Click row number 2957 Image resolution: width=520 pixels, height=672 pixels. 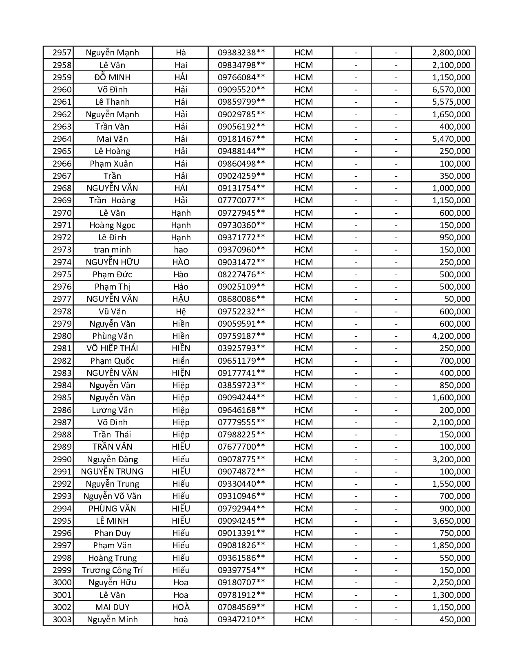(62, 53)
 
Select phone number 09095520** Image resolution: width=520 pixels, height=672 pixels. (241, 90)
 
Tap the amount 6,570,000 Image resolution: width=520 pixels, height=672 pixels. (451, 90)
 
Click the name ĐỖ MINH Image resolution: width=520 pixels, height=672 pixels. (112, 77)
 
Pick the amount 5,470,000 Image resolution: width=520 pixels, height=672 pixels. (451, 139)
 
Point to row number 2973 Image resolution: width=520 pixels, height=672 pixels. (62, 250)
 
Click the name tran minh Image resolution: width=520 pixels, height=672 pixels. (112, 250)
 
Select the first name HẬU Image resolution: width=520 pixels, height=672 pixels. (181, 299)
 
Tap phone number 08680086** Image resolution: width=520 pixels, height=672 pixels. (241, 299)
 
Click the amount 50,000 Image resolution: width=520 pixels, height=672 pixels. (457, 299)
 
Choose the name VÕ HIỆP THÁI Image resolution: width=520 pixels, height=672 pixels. (112, 348)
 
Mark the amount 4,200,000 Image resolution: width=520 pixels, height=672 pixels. (451, 336)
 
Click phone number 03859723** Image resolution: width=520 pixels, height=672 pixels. (241, 385)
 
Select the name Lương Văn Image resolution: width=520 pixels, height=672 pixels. (112, 410)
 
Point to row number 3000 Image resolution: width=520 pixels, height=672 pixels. (62, 582)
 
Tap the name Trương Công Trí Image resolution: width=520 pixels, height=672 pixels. (112, 570)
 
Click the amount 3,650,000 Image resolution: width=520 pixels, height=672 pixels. (451, 521)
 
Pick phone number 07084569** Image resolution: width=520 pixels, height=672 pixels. (241, 607)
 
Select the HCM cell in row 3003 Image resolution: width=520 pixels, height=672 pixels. (303, 619)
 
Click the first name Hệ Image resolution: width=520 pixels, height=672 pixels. (181, 312)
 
